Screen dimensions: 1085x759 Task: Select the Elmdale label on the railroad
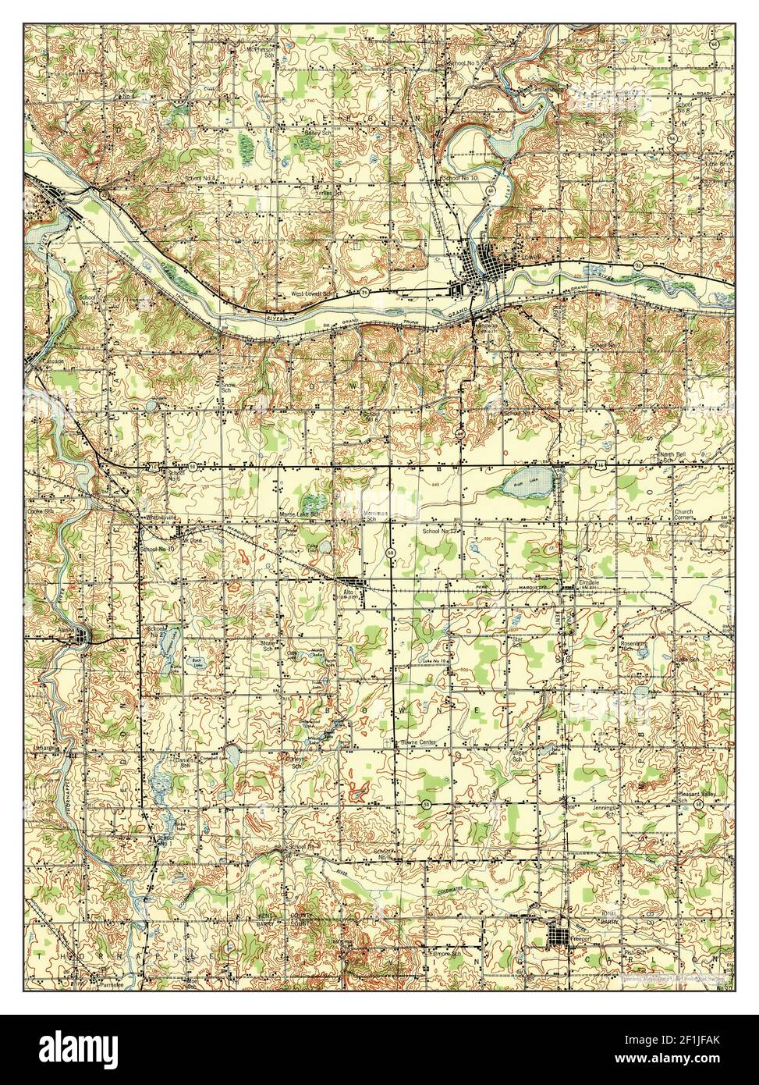tap(589, 582)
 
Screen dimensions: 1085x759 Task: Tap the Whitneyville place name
tap(159, 518)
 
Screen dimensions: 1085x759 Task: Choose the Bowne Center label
tap(421, 742)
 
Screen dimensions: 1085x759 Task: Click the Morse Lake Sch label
tap(300, 515)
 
